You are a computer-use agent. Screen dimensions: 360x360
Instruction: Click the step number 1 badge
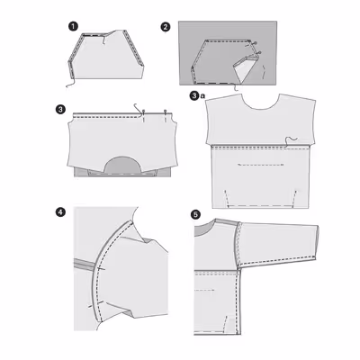click(x=73, y=26)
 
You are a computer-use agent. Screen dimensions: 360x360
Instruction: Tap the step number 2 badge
click(x=166, y=27)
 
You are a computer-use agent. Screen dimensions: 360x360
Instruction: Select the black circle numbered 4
click(x=60, y=212)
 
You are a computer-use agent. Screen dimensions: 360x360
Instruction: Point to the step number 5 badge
click(x=195, y=215)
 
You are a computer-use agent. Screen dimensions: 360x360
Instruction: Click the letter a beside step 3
click(x=202, y=96)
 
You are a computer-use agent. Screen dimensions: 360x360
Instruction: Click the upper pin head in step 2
click(x=256, y=43)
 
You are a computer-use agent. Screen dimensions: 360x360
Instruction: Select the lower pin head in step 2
click(x=259, y=53)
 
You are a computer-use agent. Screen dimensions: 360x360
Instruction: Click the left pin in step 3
click(x=144, y=116)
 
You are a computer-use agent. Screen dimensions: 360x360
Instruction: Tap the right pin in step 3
click(x=166, y=116)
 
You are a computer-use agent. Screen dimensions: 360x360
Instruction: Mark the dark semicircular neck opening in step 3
click(x=122, y=165)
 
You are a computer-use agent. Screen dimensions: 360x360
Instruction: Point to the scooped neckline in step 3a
click(x=260, y=107)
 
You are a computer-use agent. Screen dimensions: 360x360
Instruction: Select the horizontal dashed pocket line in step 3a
click(x=261, y=165)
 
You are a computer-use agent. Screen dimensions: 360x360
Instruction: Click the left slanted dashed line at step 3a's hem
click(x=227, y=198)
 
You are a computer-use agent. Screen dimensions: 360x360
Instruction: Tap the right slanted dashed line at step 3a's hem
click(x=294, y=198)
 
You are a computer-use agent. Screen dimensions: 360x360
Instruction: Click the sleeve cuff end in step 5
click(x=317, y=242)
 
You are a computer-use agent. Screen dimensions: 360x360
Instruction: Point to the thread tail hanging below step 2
click(x=236, y=88)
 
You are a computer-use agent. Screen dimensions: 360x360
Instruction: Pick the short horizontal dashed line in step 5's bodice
click(x=204, y=291)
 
